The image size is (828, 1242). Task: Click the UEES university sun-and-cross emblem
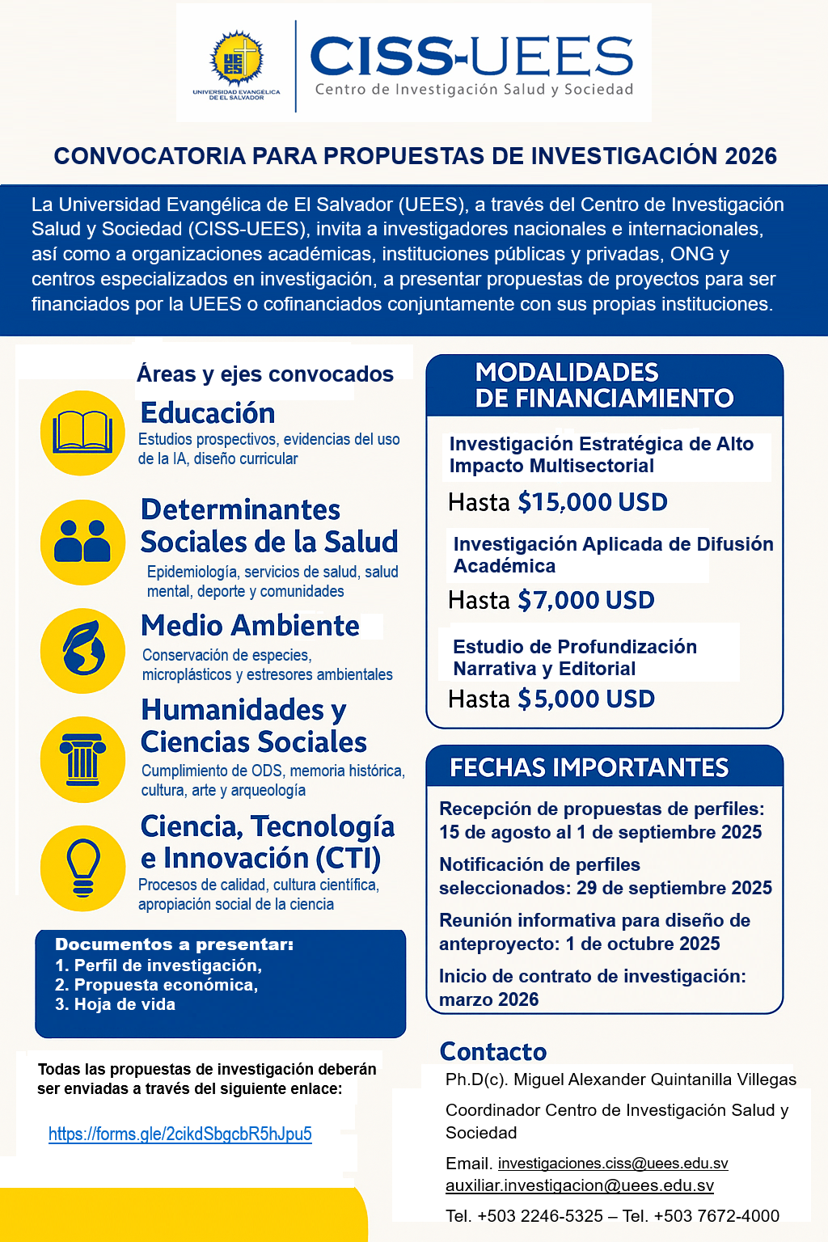pyautogui.click(x=236, y=59)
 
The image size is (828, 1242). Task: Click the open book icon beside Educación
pyautogui.click(x=82, y=433)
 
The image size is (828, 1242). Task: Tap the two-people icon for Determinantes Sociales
pyautogui.click(x=82, y=542)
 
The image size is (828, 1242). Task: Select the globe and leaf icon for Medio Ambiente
pyautogui.click(x=82, y=650)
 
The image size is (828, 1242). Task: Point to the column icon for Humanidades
pyautogui.click(x=82, y=759)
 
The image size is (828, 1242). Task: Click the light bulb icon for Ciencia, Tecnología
pyautogui.click(x=82, y=868)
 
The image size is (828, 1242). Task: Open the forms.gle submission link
pyautogui.click(x=180, y=1134)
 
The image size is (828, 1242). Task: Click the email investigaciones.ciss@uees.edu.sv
pyautogui.click(x=613, y=1164)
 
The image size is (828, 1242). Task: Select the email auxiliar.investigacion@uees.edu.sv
pyautogui.click(x=580, y=1186)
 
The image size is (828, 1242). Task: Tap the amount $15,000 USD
pyautogui.click(x=593, y=502)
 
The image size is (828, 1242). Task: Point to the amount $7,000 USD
pyautogui.click(x=586, y=601)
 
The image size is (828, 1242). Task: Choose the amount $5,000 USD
pyautogui.click(x=586, y=699)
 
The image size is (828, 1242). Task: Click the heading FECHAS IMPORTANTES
pyautogui.click(x=589, y=767)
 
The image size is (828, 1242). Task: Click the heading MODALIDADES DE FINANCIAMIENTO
pyautogui.click(x=604, y=385)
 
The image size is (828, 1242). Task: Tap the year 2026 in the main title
pyautogui.click(x=751, y=156)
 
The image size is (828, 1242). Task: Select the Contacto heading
pyautogui.click(x=493, y=1051)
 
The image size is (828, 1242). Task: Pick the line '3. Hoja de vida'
pyautogui.click(x=115, y=1004)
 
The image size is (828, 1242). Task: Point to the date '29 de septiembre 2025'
pyautogui.click(x=674, y=888)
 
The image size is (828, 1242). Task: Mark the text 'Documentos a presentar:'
pyautogui.click(x=174, y=944)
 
